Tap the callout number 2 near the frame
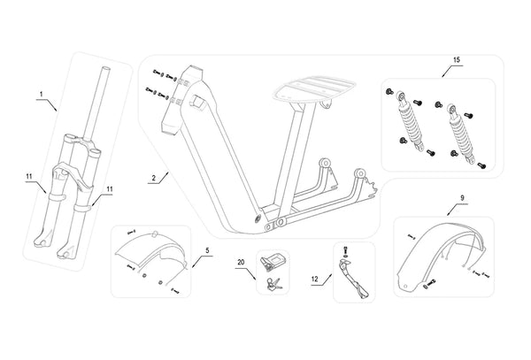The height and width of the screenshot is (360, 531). pos(154,178)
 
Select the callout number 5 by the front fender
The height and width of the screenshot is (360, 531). pos(207,250)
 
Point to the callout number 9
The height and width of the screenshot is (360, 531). pos(463,198)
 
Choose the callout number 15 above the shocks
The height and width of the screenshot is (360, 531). pos(457,60)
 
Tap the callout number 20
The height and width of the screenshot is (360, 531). pos(240,263)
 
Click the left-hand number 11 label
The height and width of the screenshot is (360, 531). pos(29,187)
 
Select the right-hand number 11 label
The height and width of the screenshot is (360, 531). pos(109,189)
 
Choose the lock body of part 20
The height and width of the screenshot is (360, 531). pos(273,259)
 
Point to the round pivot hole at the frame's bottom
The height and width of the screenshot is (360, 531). pos(258,218)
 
